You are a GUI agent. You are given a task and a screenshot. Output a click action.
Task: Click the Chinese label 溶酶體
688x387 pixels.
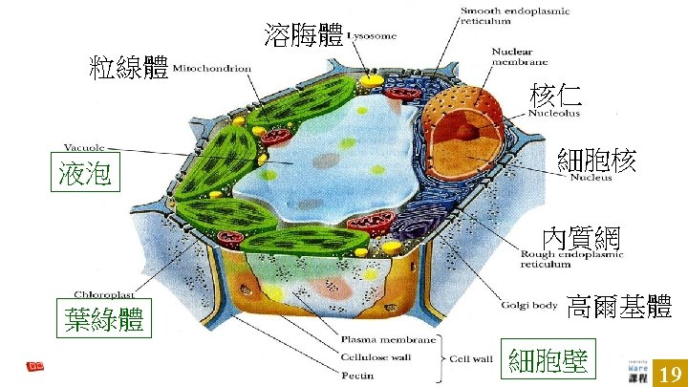click(x=304, y=36)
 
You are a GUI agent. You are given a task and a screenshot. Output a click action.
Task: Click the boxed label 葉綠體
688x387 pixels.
click(x=105, y=320)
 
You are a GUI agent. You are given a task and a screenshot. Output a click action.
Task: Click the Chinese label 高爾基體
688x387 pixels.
click(x=619, y=306)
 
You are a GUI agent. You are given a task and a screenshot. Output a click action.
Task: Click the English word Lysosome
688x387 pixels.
click(x=371, y=36)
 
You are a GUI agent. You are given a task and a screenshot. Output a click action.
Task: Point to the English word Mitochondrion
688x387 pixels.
click(x=212, y=69)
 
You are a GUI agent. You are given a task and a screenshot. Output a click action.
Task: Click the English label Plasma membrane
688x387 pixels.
click(x=387, y=339)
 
